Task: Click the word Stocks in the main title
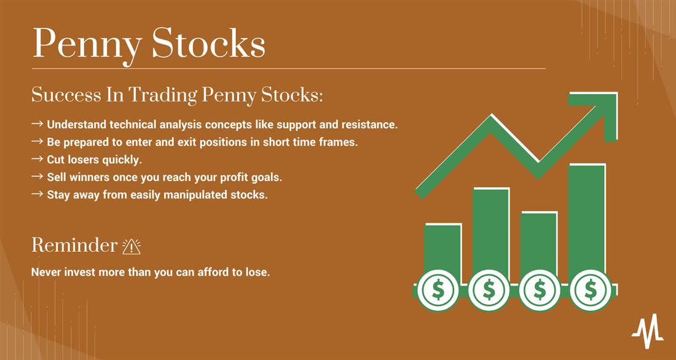(209, 43)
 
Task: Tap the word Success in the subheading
(66, 95)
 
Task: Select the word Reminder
(74, 245)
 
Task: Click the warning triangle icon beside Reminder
(132, 246)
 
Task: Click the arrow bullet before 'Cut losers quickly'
(37, 159)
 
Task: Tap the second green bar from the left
(490, 235)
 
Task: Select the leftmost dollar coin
(438, 290)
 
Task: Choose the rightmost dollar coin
(590, 290)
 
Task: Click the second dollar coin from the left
(489, 290)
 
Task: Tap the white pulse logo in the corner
(648, 331)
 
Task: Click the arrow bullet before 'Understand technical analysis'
(37, 123)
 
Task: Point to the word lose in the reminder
(257, 273)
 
